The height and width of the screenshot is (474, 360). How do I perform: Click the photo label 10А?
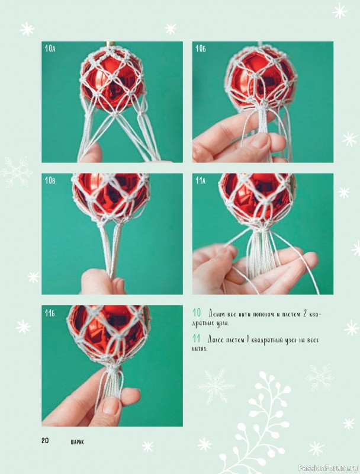(x=50, y=49)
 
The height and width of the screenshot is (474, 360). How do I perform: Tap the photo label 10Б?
(x=201, y=49)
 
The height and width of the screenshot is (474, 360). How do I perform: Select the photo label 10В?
(x=50, y=181)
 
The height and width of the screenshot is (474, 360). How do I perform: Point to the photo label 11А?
(x=201, y=181)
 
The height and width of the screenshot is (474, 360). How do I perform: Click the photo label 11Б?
(x=50, y=313)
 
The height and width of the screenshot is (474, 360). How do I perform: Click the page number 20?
(x=45, y=440)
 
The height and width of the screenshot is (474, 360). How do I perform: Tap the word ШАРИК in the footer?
(x=78, y=442)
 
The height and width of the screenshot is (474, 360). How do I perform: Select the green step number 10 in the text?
(x=197, y=312)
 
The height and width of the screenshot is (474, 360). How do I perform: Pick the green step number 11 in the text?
(x=197, y=338)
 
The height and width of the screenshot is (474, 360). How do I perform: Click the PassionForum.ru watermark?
(x=328, y=467)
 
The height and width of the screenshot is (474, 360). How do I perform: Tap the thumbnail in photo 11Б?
(x=111, y=406)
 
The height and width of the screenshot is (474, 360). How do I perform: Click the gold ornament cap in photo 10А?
(x=111, y=44)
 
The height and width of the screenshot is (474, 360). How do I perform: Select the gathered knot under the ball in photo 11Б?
(x=114, y=368)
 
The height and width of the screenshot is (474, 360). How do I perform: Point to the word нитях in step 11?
(x=200, y=349)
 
